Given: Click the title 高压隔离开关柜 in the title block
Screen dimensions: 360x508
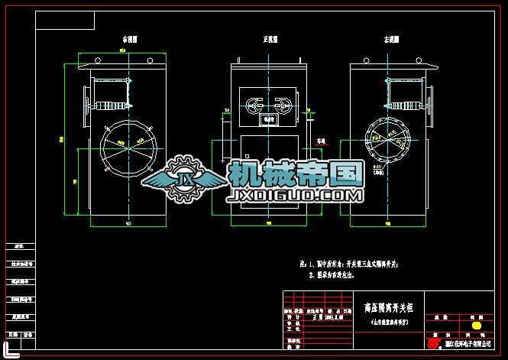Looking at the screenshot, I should pos(389,307).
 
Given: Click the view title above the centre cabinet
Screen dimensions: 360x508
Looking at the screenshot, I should pos(270,39).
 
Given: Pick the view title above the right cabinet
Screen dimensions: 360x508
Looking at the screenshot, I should pos(393,39).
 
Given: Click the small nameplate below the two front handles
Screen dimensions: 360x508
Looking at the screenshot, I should pos(269,120).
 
